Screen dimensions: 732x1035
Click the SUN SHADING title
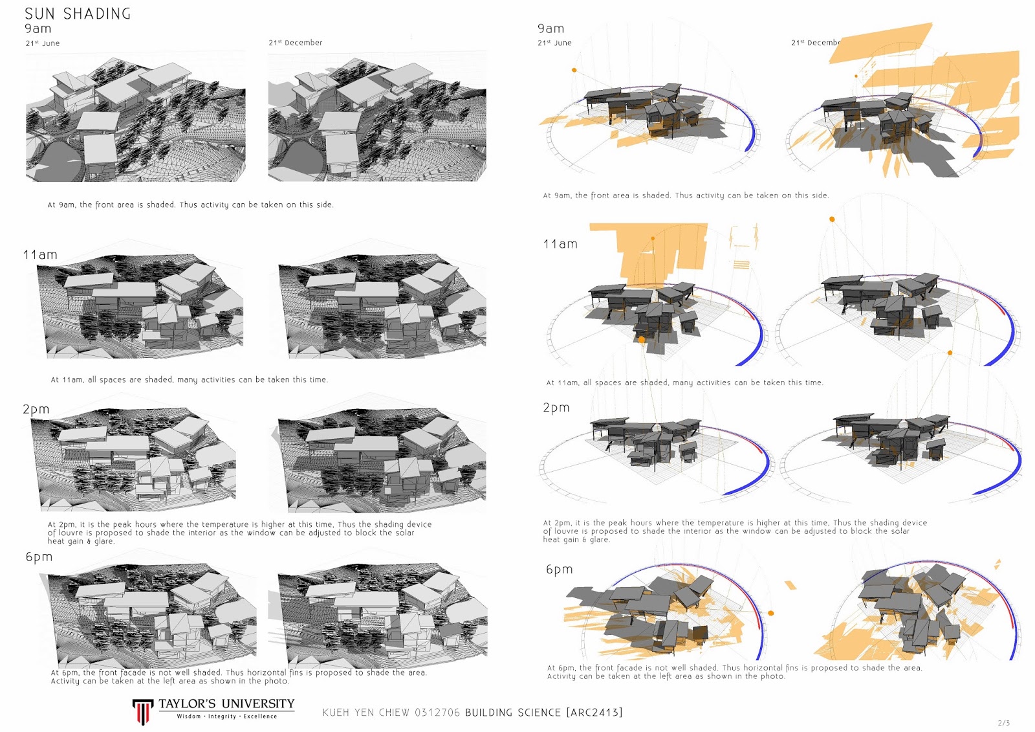tap(78, 14)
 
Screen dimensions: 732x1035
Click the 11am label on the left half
tap(40, 255)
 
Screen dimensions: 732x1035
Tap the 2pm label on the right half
tap(556, 408)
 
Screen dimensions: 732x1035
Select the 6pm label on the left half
tap(39, 557)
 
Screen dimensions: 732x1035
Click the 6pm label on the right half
tap(560, 570)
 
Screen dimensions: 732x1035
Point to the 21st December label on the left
tap(296, 43)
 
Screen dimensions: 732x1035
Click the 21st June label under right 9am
tap(554, 43)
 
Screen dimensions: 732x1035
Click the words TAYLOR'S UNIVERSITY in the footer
tap(226, 704)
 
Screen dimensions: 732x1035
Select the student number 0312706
tap(437, 713)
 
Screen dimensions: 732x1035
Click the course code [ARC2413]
tap(594, 713)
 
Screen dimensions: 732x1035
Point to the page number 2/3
tap(1003, 723)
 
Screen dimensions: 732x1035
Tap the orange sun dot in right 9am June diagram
tap(574, 70)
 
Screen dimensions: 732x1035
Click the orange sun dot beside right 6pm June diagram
tap(771, 613)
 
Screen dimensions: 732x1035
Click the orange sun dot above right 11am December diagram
tap(832, 219)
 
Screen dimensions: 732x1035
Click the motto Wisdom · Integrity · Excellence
tap(226, 716)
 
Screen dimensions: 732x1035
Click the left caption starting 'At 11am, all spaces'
tap(189, 380)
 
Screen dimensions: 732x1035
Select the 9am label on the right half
tap(550, 28)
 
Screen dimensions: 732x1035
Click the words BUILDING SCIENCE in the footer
tap(513, 713)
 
